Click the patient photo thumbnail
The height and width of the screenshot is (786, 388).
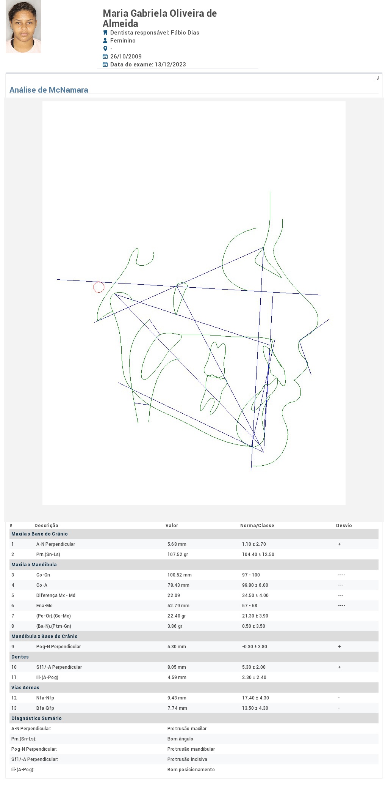[x=23, y=27]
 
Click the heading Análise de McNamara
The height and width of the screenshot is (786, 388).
[x=49, y=90]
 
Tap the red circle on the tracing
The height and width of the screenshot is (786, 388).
[x=99, y=287]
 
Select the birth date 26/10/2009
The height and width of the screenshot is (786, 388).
[x=126, y=57]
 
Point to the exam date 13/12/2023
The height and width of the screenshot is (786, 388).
[x=170, y=65]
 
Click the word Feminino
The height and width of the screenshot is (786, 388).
[x=123, y=41]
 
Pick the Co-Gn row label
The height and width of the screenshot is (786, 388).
[x=43, y=575]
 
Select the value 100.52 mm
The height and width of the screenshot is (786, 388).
[x=180, y=575]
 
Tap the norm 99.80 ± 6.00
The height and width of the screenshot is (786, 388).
[x=255, y=585]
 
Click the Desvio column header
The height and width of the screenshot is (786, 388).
[x=344, y=526]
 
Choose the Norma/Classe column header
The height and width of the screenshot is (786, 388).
[x=257, y=526]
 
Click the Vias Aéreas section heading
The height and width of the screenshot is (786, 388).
[x=25, y=688]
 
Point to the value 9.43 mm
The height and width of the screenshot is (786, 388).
[x=177, y=698]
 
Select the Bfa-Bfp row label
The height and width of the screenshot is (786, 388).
[x=45, y=708]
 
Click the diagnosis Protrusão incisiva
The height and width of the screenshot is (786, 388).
[x=187, y=759]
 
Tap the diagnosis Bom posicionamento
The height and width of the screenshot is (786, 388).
[x=191, y=770]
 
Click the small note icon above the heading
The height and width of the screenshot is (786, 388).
[x=377, y=78]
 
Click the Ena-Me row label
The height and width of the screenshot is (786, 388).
[x=44, y=606]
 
